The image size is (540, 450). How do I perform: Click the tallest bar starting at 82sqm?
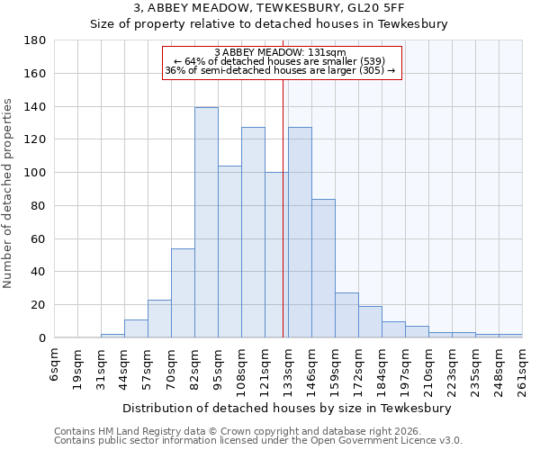point(206,222)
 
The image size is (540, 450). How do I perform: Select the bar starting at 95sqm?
point(229,252)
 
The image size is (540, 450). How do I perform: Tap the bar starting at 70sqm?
point(183,292)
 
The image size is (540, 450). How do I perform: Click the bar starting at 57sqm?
point(159,319)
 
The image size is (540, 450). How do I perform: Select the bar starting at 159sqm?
point(346,315)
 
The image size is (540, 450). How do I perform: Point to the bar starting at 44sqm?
point(136,328)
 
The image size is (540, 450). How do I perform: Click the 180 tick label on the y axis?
point(35,40)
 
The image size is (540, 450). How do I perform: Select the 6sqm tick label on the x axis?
point(55,364)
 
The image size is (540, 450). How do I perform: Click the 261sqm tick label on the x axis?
point(523,369)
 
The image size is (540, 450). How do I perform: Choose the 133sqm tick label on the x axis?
point(289,369)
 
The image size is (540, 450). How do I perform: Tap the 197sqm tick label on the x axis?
point(406,369)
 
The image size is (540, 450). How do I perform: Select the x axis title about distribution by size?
point(287,408)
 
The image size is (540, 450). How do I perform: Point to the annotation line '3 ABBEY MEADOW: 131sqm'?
point(281,52)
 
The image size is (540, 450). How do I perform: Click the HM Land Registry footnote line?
point(243,431)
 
